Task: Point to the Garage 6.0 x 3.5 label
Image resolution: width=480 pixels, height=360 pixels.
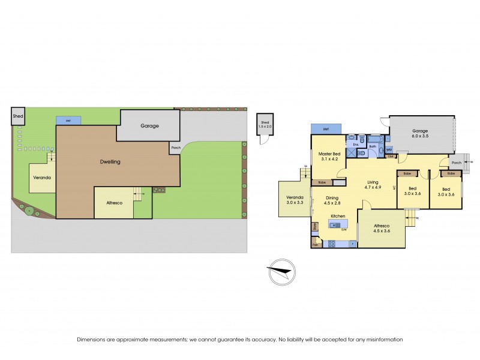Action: (421, 133)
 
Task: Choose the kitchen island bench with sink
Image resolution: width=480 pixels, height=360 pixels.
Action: (338, 226)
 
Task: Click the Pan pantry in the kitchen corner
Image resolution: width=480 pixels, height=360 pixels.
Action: (315, 244)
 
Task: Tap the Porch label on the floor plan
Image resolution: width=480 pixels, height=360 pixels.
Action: (456, 162)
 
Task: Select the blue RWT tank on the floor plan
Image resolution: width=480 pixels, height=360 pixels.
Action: (326, 129)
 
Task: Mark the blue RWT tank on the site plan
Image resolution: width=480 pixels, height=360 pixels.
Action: (68, 121)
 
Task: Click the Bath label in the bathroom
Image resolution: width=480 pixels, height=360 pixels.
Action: (373, 146)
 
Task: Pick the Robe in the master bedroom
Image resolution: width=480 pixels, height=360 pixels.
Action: (322, 182)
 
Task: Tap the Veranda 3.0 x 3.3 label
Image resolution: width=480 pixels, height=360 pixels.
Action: (294, 200)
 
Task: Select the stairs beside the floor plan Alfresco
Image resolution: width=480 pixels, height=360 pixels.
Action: (411, 216)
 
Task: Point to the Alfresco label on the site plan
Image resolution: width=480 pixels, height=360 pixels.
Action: (114, 203)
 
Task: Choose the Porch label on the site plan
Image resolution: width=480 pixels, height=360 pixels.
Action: (175, 148)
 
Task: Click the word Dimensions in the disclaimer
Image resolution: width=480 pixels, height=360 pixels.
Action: (92, 340)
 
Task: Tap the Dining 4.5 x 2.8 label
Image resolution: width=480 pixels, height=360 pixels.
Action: (336, 200)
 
